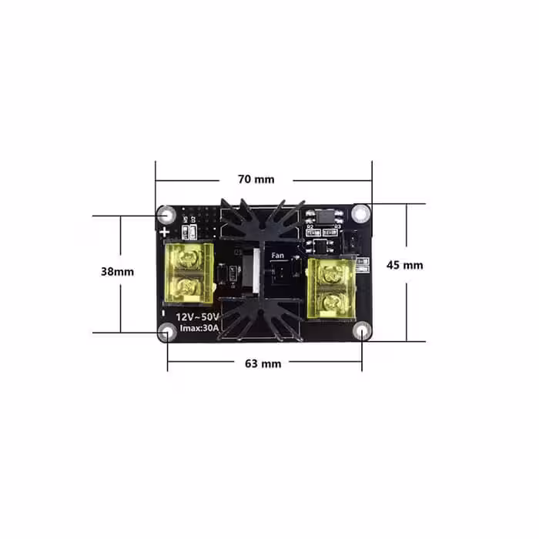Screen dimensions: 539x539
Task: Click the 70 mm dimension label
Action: click(x=256, y=179)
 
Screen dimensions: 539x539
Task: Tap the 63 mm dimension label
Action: click(x=263, y=362)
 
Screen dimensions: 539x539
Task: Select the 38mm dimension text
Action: click(x=117, y=271)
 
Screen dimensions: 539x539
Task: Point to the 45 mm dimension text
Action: click(x=404, y=265)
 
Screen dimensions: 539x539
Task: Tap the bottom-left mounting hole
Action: click(x=166, y=332)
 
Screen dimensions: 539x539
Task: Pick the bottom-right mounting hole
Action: click(x=362, y=332)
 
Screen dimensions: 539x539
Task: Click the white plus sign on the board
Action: click(x=164, y=230)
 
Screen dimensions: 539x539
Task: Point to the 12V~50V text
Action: click(x=198, y=316)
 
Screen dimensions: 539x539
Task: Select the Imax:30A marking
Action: click(x=199, y=329)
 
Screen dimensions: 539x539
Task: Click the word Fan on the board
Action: click(x=277, y=255)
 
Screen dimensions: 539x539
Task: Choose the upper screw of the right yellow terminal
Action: click(x=332, y=271)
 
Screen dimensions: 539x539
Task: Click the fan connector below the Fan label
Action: click(x=280, y=273)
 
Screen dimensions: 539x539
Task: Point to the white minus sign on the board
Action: click(x=164, y=313)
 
